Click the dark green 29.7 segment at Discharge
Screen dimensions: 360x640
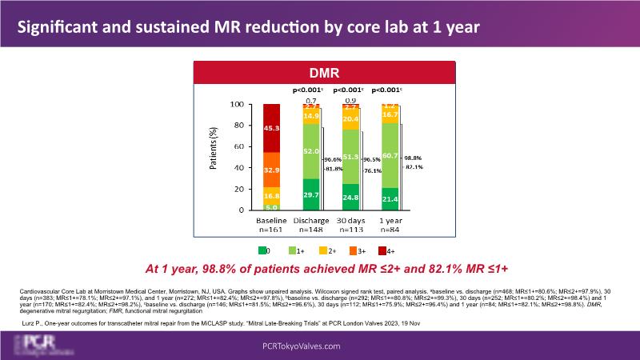pyautogui.click(x=310, y=194)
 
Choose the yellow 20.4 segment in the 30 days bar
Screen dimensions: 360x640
pyautogui.click(x=350, y=118)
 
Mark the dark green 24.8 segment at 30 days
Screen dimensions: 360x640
pyautogui.click(x=350, y=197)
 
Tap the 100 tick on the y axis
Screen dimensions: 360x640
pyautogui.click(x=237, y=105)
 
